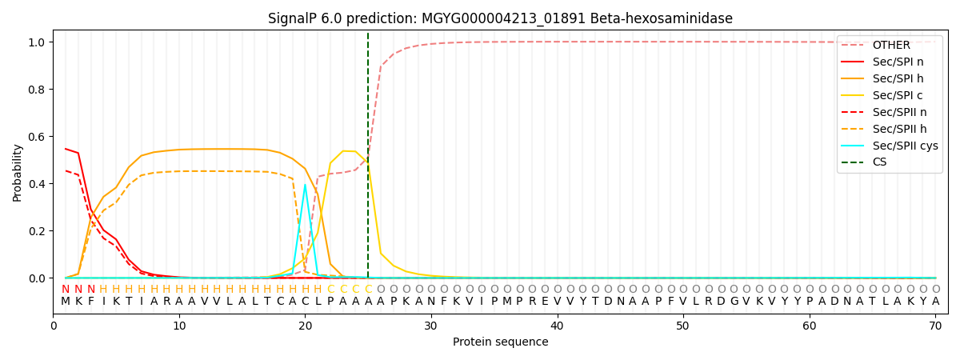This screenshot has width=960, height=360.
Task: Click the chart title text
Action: coord(500,18)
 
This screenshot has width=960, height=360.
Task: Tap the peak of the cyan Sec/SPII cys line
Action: coord(305,185)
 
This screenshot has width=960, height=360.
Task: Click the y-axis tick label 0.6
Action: coord(37,137)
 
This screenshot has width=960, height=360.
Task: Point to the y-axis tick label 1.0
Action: coord(37,42)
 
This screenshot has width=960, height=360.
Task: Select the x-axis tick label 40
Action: coord(557,326)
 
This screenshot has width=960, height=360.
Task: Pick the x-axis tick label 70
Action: coord(935,326)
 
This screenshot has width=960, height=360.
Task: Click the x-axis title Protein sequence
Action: coord(500,342)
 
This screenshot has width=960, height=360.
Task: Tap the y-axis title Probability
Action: coord(18,172)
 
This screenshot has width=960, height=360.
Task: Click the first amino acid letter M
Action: coord(66,302)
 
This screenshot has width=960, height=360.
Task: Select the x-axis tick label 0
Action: coord(54,326)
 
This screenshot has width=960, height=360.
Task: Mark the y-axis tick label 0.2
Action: coord(37,231)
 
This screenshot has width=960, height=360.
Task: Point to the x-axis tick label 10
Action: coord(179,326)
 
